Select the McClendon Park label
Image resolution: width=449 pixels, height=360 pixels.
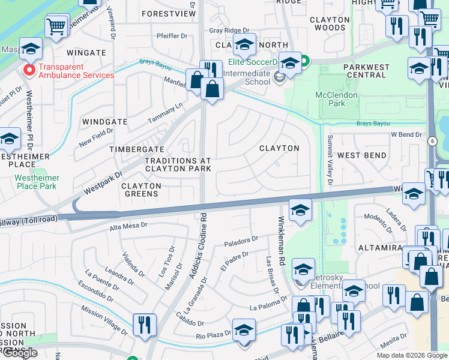(337, 99)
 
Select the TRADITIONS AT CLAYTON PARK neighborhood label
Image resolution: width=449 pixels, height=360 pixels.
(178, 165)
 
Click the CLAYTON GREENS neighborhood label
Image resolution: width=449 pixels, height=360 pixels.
(142, 190)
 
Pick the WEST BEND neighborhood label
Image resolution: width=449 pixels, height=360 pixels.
(361, 155)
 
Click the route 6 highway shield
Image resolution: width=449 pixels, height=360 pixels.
(432, 141)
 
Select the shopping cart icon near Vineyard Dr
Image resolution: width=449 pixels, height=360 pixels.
(56, 25)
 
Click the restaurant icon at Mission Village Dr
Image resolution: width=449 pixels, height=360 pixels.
(144, 324)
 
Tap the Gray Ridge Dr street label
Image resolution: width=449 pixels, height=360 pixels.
(229, 31)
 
